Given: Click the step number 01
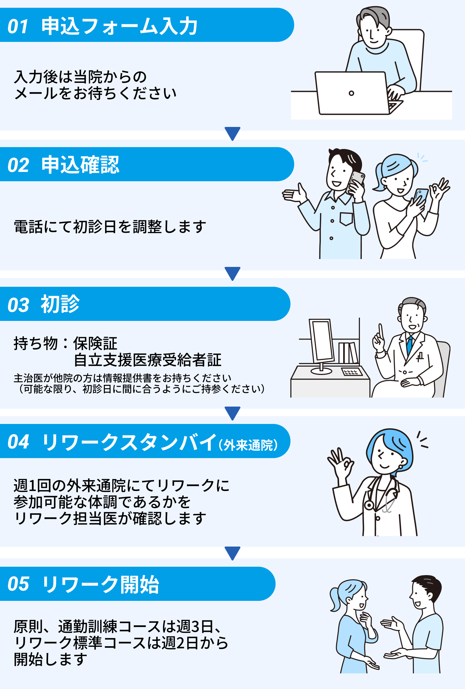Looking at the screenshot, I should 18,26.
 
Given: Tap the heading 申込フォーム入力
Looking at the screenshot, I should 119,26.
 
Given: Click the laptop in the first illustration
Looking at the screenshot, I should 352,93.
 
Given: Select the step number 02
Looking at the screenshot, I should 18,165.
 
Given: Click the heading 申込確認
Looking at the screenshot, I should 80,164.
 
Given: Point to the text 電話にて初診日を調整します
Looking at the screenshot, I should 110,227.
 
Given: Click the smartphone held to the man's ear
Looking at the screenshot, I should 356,182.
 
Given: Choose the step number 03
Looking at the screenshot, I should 18,305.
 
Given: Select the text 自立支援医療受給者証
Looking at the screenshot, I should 148,360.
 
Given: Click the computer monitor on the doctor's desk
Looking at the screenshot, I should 322,341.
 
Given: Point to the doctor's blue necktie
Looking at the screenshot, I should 410,344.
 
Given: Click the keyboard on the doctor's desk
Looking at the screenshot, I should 352,372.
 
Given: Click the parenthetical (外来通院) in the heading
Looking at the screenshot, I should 248,445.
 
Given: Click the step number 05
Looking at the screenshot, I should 18,584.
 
